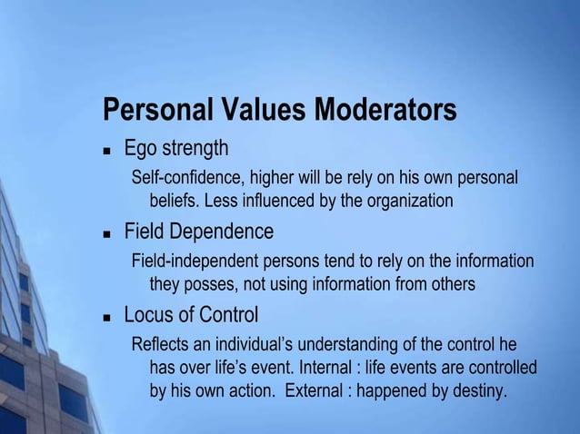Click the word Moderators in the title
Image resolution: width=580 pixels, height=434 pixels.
tap(385, 111)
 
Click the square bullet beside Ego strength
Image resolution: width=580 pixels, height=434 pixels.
tap(106, 150)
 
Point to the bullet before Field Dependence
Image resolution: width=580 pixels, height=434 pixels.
tap(106, 233)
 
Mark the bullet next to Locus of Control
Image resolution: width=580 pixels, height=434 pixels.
tap(106, 318)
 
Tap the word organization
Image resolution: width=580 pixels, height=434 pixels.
tap(407, 200)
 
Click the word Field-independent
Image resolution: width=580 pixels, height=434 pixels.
tap(195, 261)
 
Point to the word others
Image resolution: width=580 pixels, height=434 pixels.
tap(452, 284)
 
